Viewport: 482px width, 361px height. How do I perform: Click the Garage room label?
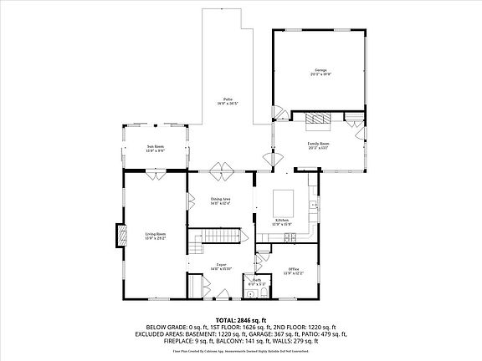320,73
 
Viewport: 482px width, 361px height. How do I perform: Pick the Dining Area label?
220,201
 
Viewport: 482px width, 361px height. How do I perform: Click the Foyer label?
220,267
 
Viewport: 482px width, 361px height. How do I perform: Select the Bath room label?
257,282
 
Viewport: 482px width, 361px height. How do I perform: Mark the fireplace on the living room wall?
121,237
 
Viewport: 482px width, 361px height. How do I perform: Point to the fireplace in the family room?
318,120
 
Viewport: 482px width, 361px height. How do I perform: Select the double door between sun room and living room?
156,175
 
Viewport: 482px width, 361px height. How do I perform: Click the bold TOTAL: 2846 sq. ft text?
241,320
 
